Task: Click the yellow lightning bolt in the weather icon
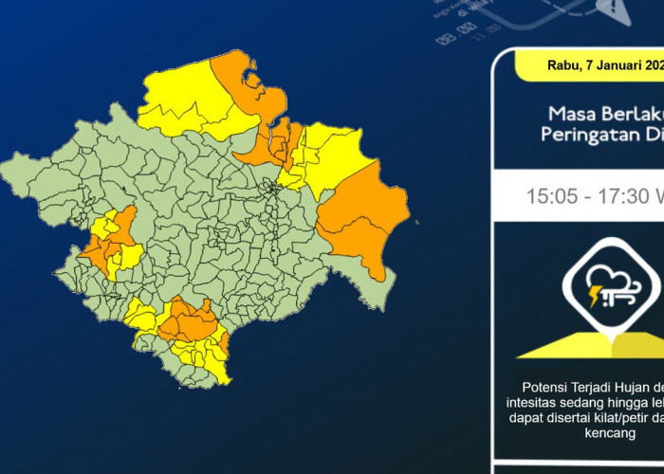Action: (596, 296)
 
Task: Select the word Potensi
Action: (546, 388)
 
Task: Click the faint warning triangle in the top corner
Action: (608, 9)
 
